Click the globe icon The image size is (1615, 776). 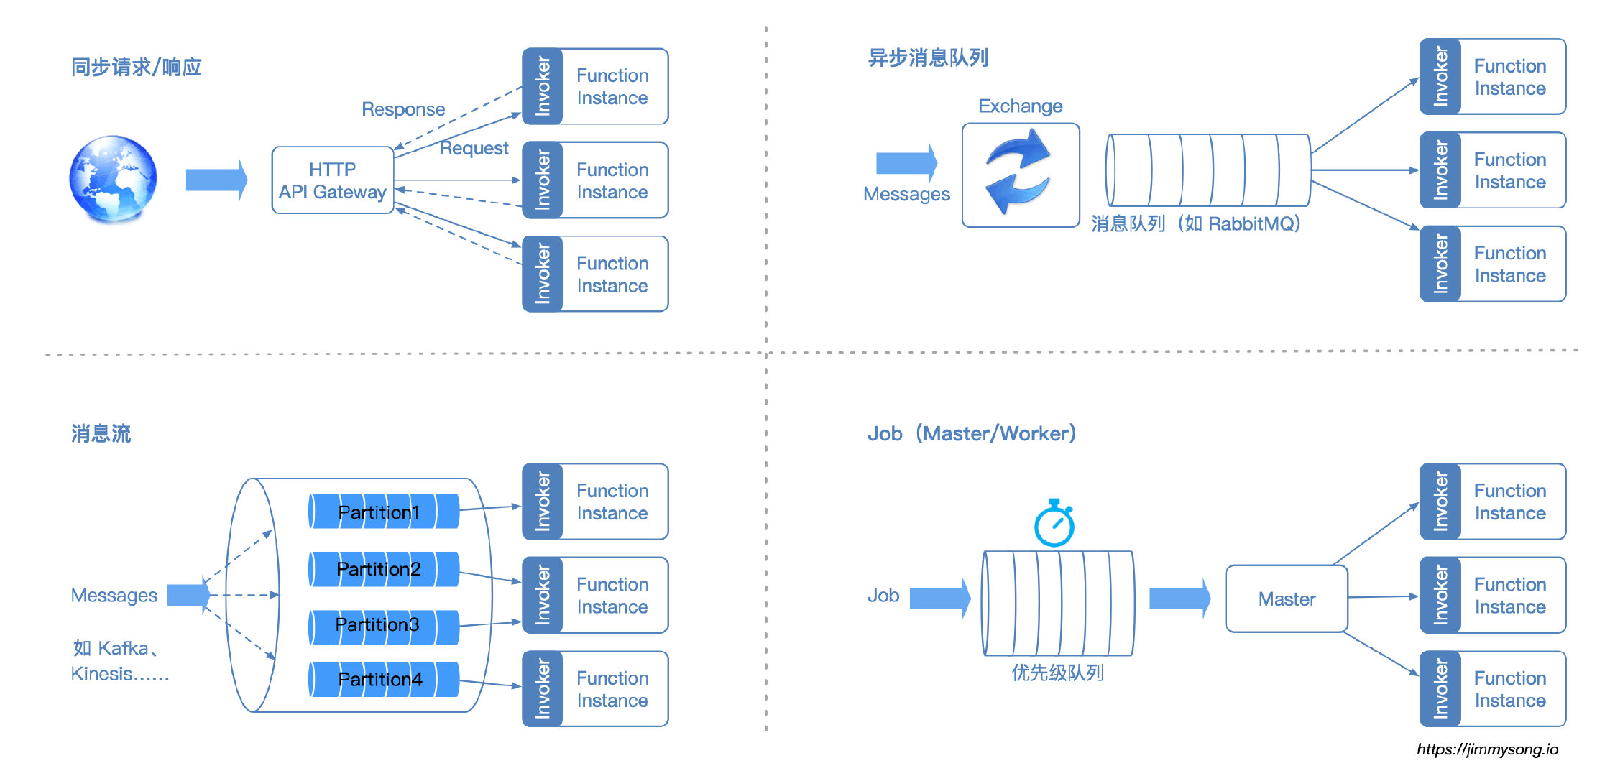113,178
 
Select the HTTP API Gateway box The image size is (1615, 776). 332,180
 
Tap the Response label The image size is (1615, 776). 403,109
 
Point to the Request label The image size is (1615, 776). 474,148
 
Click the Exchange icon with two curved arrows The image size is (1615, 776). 1020,174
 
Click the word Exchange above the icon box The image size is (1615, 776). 1020,106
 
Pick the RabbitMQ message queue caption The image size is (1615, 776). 1195,224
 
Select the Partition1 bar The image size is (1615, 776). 383,512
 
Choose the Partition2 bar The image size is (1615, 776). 383,569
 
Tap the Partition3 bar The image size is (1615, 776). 383,625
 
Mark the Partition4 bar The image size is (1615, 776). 383,680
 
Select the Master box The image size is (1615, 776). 1287,599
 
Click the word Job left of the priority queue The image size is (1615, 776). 883,596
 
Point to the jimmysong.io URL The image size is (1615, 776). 1487,749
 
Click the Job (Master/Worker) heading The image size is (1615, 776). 971,434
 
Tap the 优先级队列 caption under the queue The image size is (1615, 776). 1057,673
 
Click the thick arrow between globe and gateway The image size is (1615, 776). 216,180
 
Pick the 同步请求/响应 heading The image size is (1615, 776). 136,68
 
